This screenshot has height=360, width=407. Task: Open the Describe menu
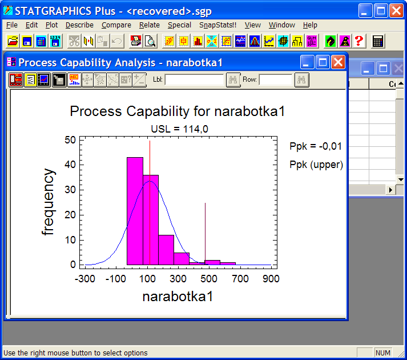[79, 25]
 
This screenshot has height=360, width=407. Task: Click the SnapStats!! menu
[218, 25]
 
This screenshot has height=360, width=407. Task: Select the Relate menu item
[149, 25]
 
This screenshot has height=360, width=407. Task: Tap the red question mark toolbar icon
[359, 41]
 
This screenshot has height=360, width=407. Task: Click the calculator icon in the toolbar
[378, 41]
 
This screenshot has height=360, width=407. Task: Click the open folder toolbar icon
[13, 41]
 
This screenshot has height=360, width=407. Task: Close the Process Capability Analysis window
[338, 62]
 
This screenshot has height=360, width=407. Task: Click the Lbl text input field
[194, 79]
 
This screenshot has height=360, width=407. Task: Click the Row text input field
[276, 79]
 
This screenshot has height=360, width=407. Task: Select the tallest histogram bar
[135, 211]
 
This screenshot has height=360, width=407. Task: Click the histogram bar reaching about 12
[166, 250]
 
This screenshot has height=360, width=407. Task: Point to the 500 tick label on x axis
[209, 279]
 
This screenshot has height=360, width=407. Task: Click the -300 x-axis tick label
[85, 279]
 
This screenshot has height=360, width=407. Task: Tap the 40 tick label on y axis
[70, 165]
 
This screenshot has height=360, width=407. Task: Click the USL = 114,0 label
[180, 129]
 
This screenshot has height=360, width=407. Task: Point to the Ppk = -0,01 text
[316, 146]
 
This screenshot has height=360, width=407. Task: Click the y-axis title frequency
[49, 202]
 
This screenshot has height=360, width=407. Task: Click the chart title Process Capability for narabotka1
[178, 111]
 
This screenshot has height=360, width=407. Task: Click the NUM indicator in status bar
[383, 353]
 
